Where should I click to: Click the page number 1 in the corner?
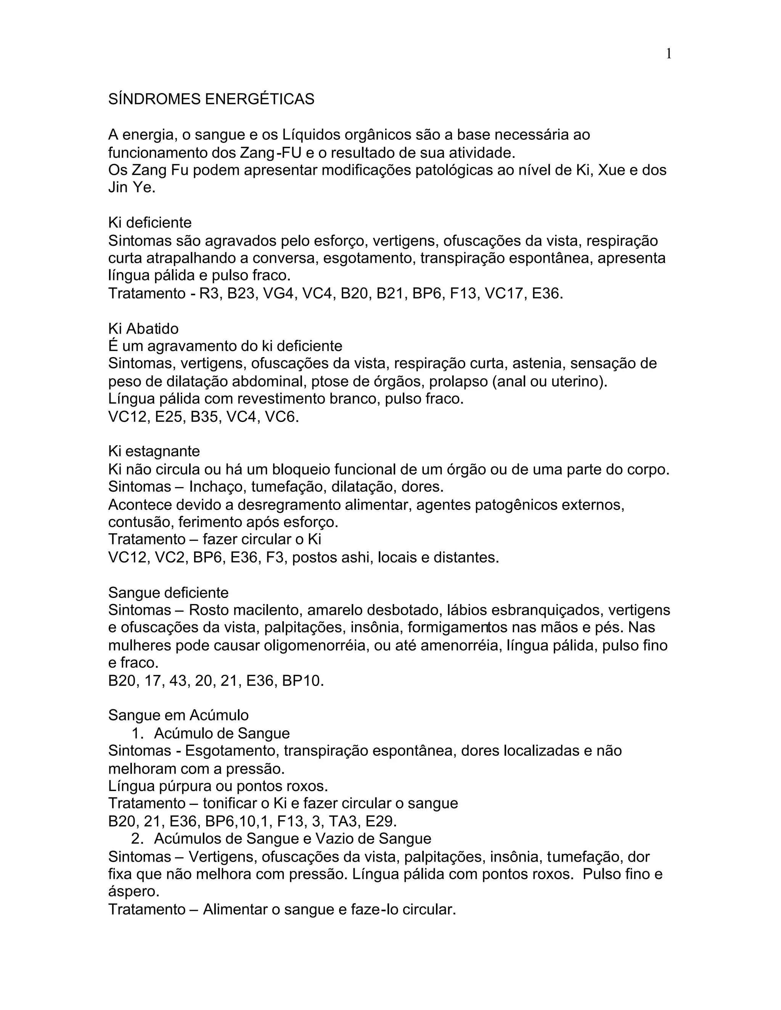(x=669, y=54)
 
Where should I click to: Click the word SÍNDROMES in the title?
(x=154, y=99)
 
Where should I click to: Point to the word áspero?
(x=133, y=891)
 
